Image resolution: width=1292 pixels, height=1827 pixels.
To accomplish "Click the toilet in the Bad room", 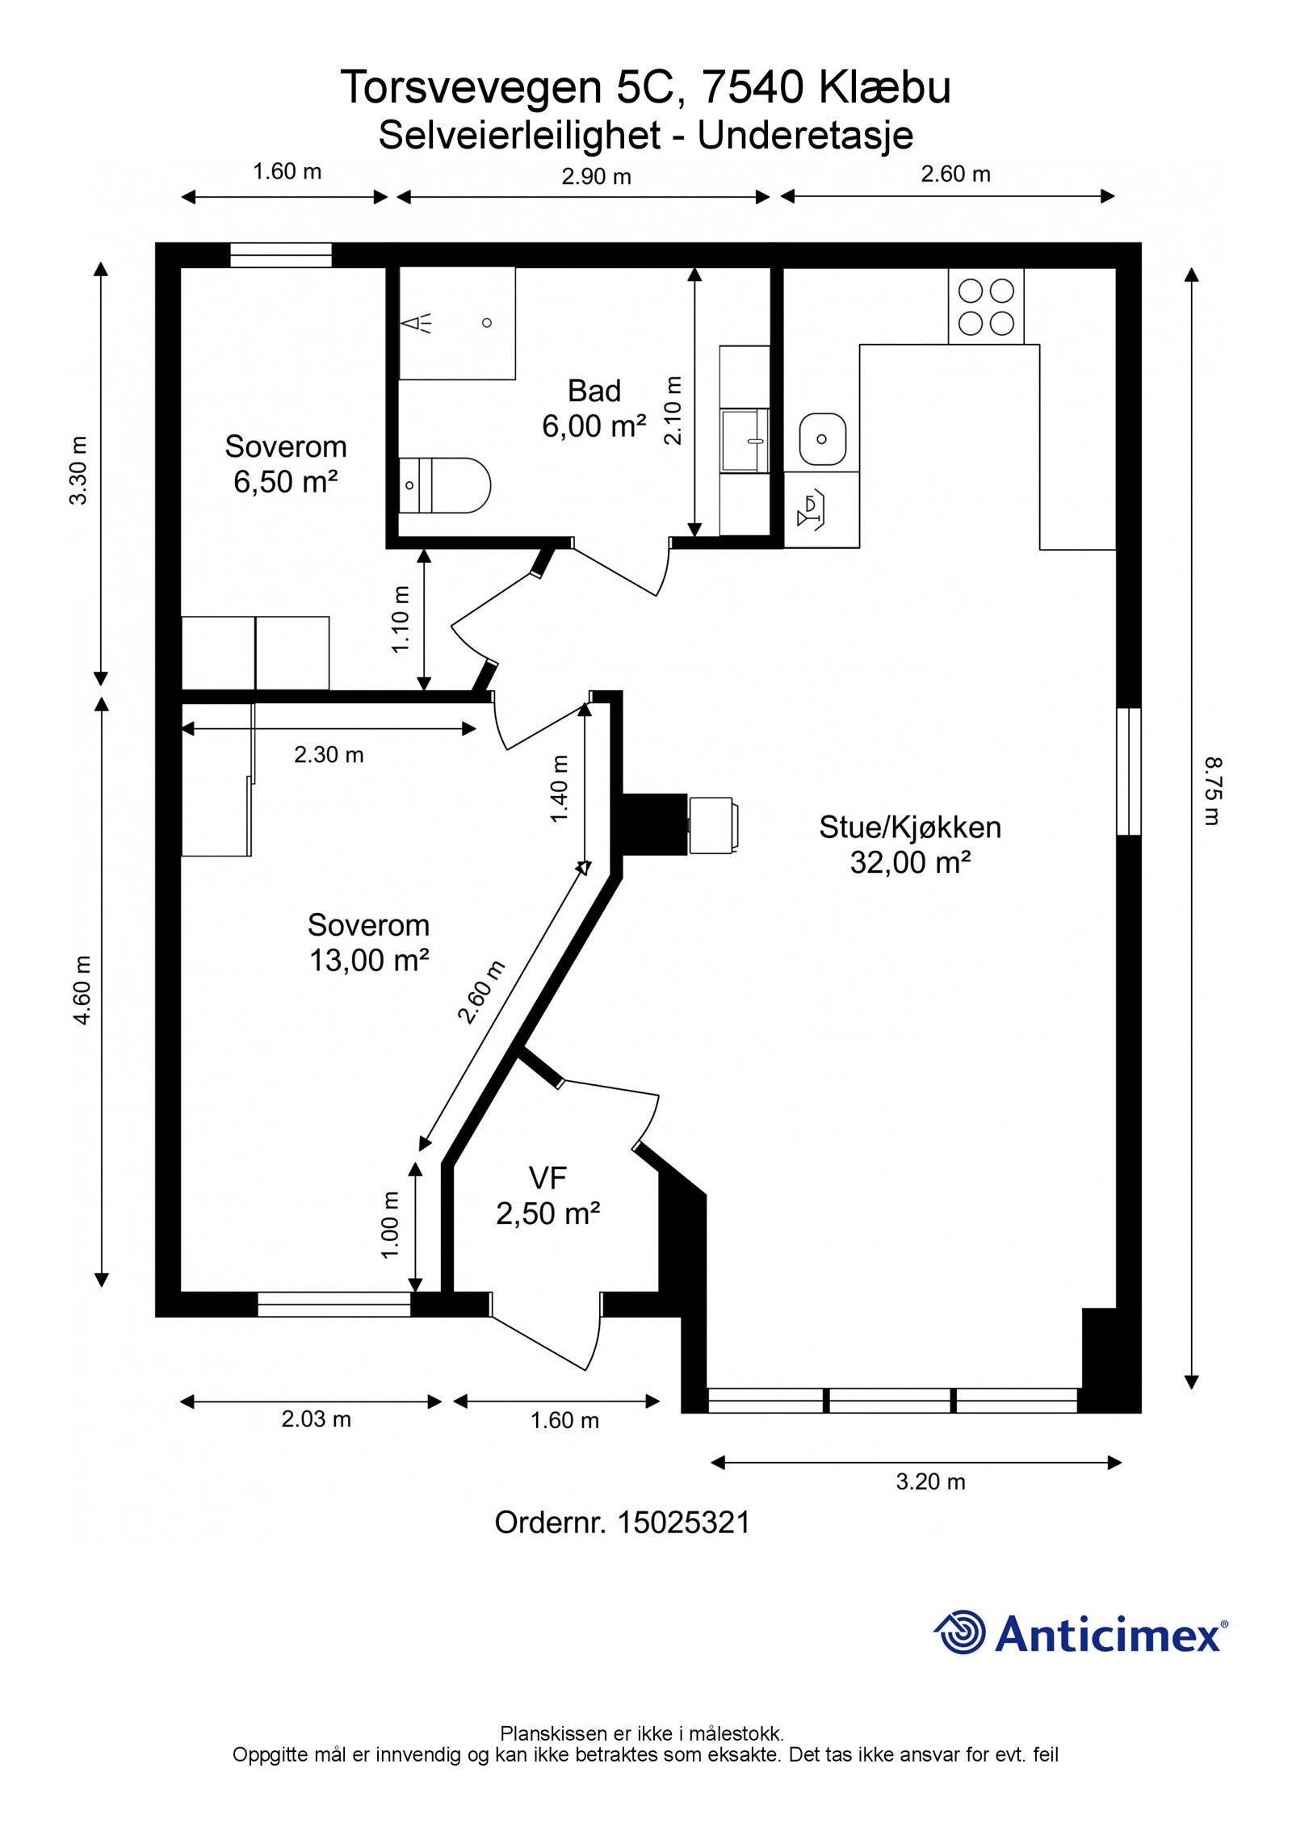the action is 445,485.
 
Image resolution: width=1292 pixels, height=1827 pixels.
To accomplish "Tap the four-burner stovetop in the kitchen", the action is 986,306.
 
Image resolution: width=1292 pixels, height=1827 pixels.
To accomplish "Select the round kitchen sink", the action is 822,439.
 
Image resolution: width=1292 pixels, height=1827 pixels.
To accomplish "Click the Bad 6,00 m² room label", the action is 594,409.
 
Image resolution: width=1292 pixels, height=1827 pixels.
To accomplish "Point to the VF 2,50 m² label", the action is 547,1196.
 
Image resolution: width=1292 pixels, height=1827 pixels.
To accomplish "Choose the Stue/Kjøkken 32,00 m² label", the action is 910,844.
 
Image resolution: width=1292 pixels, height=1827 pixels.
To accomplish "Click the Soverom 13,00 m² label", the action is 368,942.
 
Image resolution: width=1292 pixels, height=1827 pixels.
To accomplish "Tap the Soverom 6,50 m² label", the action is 285,463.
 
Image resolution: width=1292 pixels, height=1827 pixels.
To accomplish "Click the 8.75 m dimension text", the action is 1212,790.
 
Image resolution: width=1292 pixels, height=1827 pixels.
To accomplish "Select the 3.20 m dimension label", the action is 930,1481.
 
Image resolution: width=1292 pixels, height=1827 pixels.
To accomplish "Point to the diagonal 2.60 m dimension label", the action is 481,991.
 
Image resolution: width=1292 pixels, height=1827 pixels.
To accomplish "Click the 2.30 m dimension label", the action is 329,755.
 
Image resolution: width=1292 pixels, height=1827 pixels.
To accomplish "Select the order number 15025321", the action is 683,1523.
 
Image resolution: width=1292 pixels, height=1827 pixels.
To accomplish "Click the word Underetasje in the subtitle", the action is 805,136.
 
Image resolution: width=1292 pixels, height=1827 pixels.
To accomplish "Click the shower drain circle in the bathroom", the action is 487,323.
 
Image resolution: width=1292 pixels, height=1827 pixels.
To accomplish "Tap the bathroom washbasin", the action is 745,440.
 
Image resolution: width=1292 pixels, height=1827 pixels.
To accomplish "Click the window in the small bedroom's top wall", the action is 281,255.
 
